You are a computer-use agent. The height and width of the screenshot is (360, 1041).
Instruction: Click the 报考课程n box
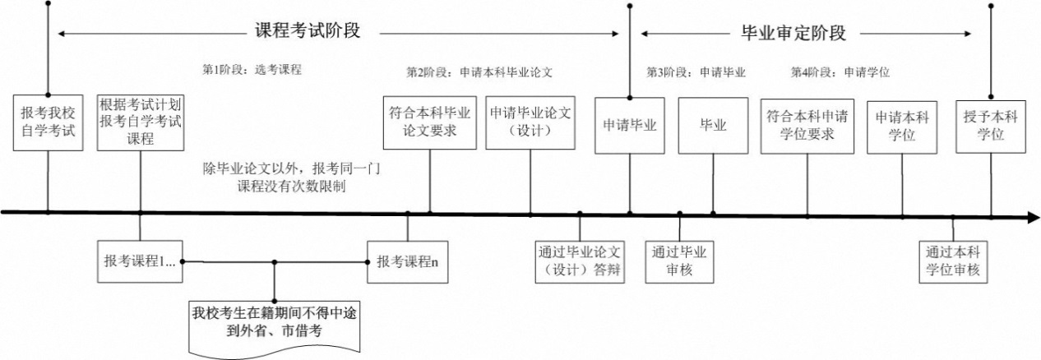coord(407,262)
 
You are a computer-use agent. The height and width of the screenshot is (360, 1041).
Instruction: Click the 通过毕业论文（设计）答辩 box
coord(580,261)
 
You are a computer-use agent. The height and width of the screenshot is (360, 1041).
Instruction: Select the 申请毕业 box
coord(630,125)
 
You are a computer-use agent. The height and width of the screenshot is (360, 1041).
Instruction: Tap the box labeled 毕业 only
coord(713,125)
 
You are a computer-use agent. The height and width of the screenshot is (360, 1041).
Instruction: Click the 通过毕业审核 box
coord(680,261)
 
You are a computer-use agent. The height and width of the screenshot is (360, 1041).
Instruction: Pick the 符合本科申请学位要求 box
coord(807,125)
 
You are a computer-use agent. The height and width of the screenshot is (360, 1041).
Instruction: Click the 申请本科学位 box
coord(902,125)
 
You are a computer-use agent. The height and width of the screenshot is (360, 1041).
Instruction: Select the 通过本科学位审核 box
coord(953,261)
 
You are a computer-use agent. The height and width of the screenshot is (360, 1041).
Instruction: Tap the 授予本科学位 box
coord(991,125)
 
